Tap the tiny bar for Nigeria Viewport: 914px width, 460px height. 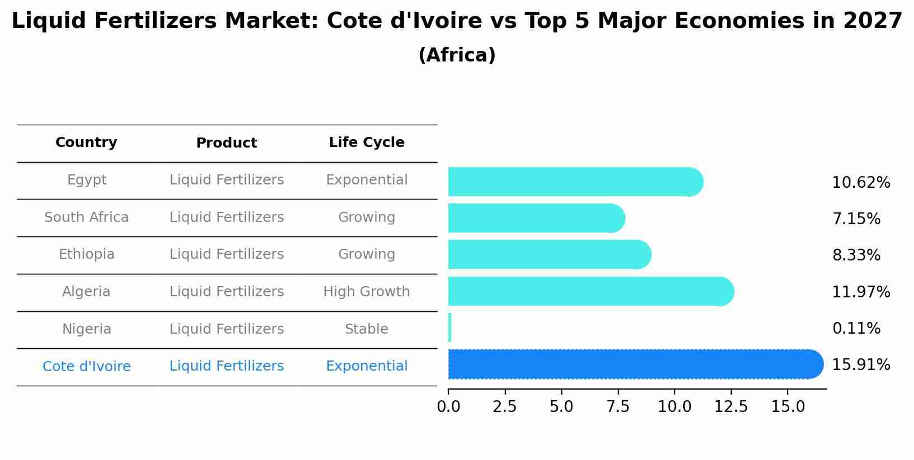(449, 328)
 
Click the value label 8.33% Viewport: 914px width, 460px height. (856, 255)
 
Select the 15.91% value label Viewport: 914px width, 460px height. (861, 365)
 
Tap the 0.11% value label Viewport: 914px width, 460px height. (856, 329)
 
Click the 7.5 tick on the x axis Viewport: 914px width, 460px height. (618, 407)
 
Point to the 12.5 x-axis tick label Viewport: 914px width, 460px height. (731, 407)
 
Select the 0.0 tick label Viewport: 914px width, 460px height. (448, 407)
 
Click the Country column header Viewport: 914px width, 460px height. (86, 143)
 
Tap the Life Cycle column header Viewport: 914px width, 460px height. (366, 143)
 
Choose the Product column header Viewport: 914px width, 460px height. (226, 143)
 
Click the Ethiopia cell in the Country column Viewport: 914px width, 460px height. (87, 254)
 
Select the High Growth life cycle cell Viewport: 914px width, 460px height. (366, 292)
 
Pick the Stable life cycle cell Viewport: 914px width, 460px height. (366, 329)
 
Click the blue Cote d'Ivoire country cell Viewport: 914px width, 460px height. (87, 367)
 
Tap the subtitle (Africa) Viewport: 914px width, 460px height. (457, 55)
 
